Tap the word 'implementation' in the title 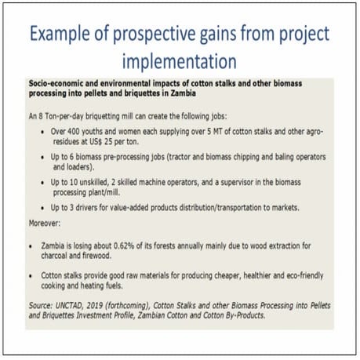180,60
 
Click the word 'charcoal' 67,255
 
